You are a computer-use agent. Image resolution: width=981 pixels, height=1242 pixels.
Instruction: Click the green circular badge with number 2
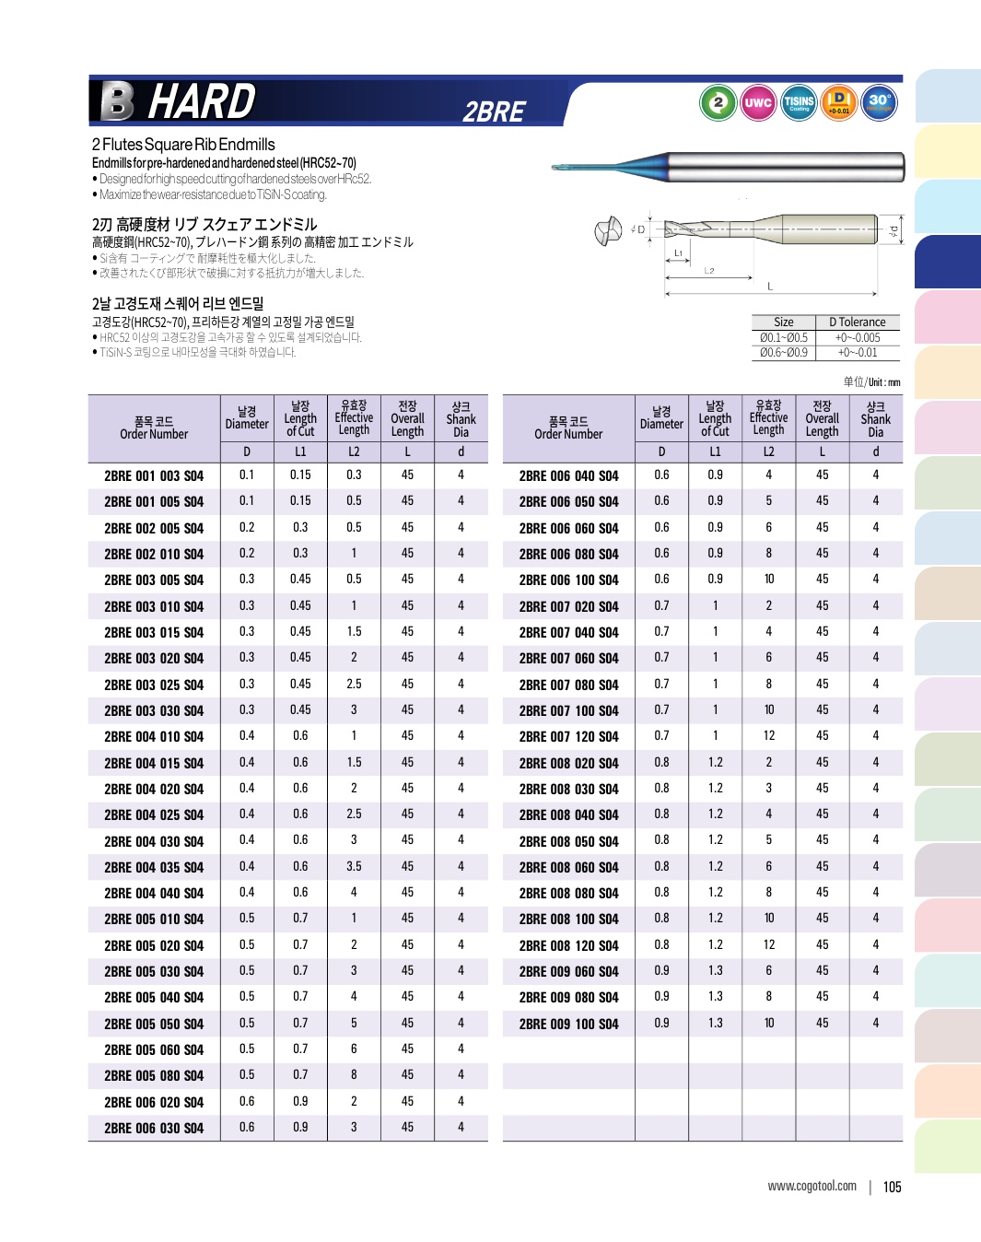point(718,102)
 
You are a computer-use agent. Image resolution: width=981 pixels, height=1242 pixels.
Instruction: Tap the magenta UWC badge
point(758,102)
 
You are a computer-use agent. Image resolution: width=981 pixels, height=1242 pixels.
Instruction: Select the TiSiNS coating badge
point(799,102)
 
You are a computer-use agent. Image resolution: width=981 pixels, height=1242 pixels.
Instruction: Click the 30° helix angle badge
point(880,102)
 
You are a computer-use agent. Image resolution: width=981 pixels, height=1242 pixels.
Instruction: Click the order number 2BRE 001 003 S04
point(154,476)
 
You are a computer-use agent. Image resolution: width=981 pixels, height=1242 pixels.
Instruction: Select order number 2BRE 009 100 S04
point(568,1025)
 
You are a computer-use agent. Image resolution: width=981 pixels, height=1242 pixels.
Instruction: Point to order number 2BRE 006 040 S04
point(568,476)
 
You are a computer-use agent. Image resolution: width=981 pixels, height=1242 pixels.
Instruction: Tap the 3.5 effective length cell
point(354,867)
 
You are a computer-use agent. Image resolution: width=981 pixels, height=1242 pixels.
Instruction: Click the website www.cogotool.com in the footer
point(812,1187)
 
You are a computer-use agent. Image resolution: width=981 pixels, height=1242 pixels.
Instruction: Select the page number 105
point(892,1188)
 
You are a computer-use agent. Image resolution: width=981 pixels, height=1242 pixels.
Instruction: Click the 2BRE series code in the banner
point(494,112)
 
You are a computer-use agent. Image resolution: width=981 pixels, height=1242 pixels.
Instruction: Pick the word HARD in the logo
point(202,101)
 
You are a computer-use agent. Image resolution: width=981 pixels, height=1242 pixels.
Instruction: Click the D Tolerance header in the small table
point(857,322)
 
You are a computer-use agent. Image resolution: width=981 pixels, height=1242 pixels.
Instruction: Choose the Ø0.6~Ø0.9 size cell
point(784,353)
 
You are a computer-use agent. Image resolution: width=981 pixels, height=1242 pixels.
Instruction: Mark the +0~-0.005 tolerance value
point(857,338)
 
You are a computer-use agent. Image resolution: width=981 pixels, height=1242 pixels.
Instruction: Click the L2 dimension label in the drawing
point(709,271)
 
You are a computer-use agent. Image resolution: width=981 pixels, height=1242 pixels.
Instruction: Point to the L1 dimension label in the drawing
point(678,252)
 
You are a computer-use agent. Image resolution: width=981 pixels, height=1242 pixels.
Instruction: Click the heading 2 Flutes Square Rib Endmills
point(183,145)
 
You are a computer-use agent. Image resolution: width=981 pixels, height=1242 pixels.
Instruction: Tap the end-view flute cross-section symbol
point(608,230)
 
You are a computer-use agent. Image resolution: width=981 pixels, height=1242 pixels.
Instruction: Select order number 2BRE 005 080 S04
point(154,1076)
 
